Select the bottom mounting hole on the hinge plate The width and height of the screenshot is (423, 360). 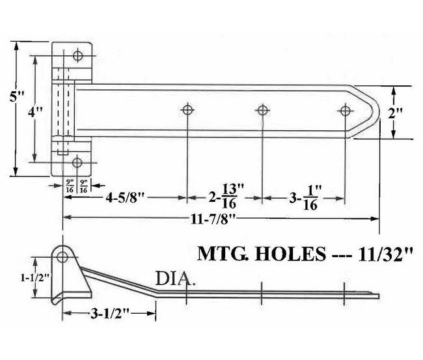(x=77, y=162)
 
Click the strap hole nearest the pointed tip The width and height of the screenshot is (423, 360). (x=344, y=110)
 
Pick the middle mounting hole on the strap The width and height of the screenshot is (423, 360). (x=262, y=110)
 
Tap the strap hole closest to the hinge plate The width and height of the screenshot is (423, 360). (x=187, y=110)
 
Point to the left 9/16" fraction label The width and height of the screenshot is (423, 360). (x=70, y=186)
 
